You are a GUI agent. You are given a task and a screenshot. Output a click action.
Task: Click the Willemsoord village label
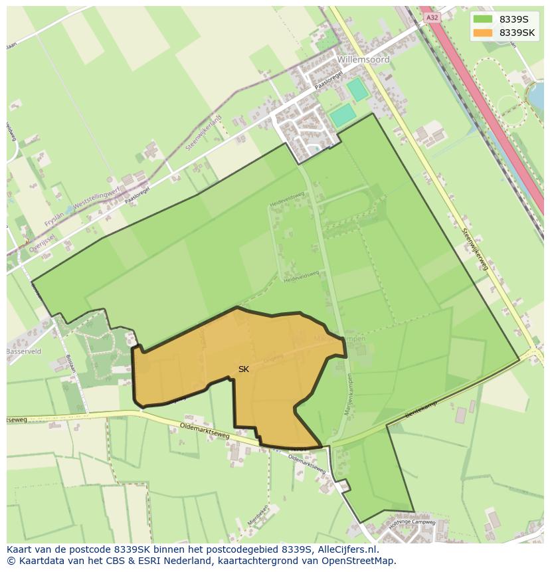click(363, 60)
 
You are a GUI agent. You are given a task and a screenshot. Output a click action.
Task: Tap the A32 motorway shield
click(433, 18)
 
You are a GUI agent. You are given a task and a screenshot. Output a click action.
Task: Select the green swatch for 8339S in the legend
click(483, 19)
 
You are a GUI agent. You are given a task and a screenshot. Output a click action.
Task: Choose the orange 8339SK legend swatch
click(483, 33)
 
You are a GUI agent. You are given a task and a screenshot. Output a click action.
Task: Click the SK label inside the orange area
click(244, 369)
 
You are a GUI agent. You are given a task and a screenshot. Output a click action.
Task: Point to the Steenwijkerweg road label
click(474, 248)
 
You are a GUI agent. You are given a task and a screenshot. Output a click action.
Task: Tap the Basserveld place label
click(24, 351)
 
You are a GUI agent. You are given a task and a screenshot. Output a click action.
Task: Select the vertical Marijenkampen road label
click(348, 395)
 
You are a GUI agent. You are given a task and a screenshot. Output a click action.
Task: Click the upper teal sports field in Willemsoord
click(357, 89)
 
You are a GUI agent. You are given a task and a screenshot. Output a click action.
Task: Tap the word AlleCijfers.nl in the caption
click(345, 549)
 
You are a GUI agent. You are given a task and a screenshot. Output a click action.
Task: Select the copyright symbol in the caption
click(11, 561)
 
